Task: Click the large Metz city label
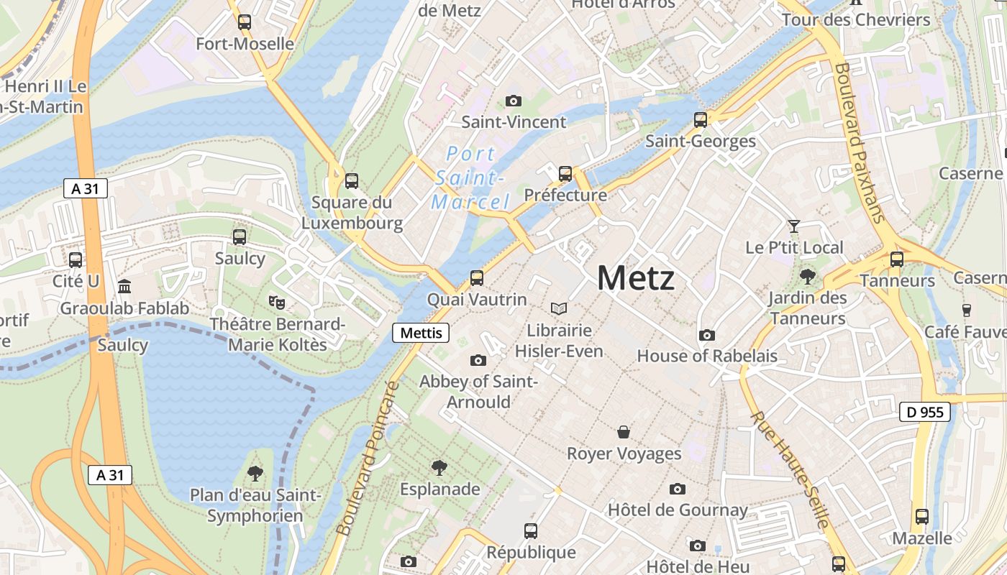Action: [636, 278]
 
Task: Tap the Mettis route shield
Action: [421, 333]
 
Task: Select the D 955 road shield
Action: [925, 412]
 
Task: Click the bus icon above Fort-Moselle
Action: [245, 22]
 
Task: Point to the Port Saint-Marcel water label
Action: [470, 178]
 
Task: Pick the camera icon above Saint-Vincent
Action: [513, 101]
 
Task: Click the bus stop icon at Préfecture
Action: [565, 174]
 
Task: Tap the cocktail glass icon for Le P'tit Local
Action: [793, 226]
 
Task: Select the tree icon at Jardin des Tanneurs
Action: [808, 276]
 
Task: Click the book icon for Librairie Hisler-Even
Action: [559, 309]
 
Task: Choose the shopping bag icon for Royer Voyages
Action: [624, 432]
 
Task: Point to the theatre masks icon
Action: [276, 303]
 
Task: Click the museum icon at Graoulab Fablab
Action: [124, 287]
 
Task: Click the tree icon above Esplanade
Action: [439, 468]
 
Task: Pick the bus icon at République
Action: [531, 531]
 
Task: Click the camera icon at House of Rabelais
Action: [707, 335]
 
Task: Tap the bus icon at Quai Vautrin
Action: [476, 277]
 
